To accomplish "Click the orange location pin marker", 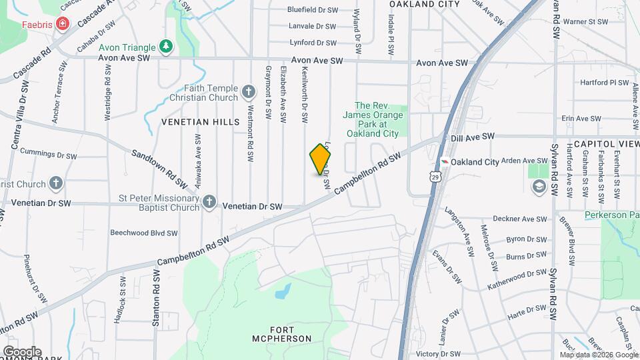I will coord(321,159).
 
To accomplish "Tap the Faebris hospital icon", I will coord(62,25).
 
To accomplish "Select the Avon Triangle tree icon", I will coord(165,47).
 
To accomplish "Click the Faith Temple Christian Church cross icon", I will coord(249,92).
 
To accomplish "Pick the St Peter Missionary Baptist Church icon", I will coord(209,202).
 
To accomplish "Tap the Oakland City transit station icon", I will coord(444,162).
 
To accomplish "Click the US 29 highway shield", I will coord(435,176).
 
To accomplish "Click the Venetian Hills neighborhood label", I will coord(200,122).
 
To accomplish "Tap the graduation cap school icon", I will coord(538,187).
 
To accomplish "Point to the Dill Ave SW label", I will coord(472,136).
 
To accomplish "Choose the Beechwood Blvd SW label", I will coord(144,233).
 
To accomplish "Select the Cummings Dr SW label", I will coord(49,155).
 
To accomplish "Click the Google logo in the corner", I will coord(22,351).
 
